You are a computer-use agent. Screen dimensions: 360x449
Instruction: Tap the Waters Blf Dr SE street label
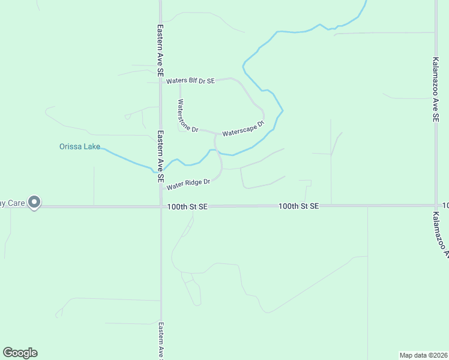(x=190, y=80)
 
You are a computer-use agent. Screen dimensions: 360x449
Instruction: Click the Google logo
(x=20, y=353)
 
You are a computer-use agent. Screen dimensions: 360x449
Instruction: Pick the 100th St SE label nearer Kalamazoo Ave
(x=298, y=206)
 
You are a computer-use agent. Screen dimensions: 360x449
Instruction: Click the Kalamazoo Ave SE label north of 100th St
(x=435, y=90)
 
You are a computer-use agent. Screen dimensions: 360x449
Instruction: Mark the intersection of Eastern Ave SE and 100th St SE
(x=160, y=206)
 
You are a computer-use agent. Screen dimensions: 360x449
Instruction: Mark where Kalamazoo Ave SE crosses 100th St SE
(x=435, y=205)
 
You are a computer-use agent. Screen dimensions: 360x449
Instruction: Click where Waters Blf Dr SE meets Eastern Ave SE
(x=160, y=81)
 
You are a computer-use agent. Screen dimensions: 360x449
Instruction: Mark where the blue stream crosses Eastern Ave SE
(x=160, y=170)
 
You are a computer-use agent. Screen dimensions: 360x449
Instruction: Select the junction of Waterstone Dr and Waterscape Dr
(x=215, y=133)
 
